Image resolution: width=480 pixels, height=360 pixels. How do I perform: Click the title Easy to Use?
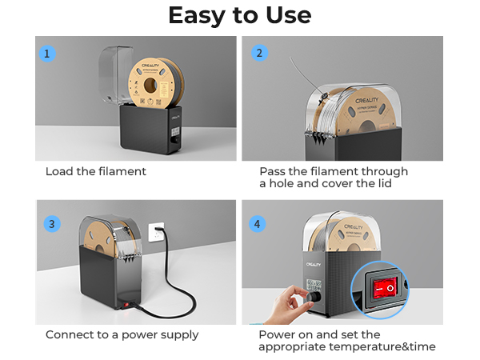240,16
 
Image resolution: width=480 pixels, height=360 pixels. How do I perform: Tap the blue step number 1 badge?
49,54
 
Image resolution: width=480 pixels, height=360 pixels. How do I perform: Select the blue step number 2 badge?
258,54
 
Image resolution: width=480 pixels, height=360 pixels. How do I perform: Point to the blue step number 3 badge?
51,223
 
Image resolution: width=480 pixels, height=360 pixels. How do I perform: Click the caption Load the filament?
96,172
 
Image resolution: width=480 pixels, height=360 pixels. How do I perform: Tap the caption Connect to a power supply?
122,334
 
